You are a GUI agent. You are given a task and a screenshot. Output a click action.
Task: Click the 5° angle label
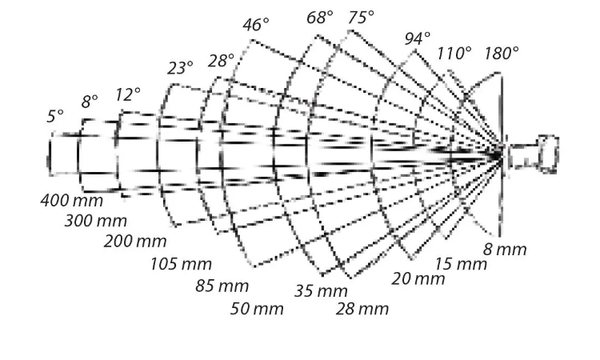pyautogui.click(x=55, y=116)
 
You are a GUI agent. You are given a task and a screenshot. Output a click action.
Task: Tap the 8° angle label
pyautogui.click(x=90, y=102)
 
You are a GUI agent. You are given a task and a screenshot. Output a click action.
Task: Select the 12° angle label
pyautogui.click(x=128, y=94)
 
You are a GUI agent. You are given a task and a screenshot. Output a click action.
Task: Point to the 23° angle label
pyautogui.click(x=180, y=68)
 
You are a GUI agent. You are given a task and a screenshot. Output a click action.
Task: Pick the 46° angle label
pyautogui.click(x=256, y=25)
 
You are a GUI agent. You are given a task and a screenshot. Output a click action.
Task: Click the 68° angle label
pyautogui.click(x=319, y=18)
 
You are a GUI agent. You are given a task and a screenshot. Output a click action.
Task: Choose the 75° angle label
pyautogui.click(x=361, y=18)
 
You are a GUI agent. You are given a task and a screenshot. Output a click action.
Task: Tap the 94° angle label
pyautogui.click(x=417, y=38)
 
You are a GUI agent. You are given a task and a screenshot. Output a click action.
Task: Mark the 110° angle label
pyautogui.click(x=454, y=53)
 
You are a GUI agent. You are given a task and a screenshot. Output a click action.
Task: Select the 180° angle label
pyautogui.click(x=502, y=53)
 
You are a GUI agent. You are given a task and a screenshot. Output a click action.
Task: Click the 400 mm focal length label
pyautogui.click(x=71, y=201)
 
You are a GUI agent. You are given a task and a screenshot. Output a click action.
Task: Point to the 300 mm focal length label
pyautogui.click(x=96, y=221)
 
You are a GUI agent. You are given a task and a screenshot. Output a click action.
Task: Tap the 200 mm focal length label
pyautogui.click(x=135, y=242)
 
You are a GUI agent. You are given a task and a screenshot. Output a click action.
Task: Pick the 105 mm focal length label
pyautogui.click(x=181, y=264)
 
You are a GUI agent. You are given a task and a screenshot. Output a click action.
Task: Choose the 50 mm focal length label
pyautogui.click(x=257, y=309)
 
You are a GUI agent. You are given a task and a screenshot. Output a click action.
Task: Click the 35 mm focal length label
pyautogui.click(x=321, y=291)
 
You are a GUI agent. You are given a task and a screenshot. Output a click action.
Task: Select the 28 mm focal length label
pyautogui.click(x=362, y=309)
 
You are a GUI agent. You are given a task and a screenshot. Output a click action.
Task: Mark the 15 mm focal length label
pyautogui.click(x=461, y=264)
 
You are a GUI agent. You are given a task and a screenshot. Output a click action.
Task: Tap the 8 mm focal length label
pyautogui.click(x=505, y=250)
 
